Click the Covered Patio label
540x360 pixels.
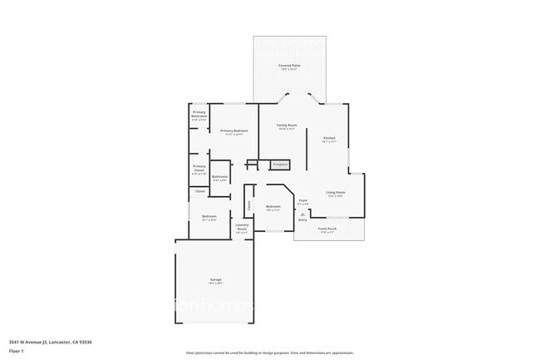pyautogui.click(x=289, y=65)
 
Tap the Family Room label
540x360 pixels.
pyautogui.click(x=287, y=126)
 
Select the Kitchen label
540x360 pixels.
pyautogui.click(x=329, y=137)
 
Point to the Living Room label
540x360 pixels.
pyautogui.click(x=336, y=192)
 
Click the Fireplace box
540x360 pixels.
pyautogui.click(x=280, y=165)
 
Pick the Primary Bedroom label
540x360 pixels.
pyautogui.click(x=234, y=131)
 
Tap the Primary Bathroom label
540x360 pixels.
pyautogui.click(x=199, y=113)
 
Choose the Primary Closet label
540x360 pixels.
pyautogui.click(x=199, y=169)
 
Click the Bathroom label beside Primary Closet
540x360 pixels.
pyautogui.click(x=220, y=177)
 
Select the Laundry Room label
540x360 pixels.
pyautogui.click(x=243, y=226)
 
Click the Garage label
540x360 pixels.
pyautogui.click(x=215, y=280)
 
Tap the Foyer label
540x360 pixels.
pyautogui.click(x=303, y=200)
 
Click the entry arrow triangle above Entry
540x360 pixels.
pyautogui.click(x=302, y=214)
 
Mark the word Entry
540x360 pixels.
pyautogui.click(x=302, y=219)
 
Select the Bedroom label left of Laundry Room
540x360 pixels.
pyautogui.click(x=209, y=217)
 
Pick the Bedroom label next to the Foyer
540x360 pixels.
pyautogui.click(x=273, y=207)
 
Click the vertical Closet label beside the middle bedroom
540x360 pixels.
pyautogui.click(x=249, y=204)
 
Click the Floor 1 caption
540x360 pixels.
pyautogui.click(x=17, y=351)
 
